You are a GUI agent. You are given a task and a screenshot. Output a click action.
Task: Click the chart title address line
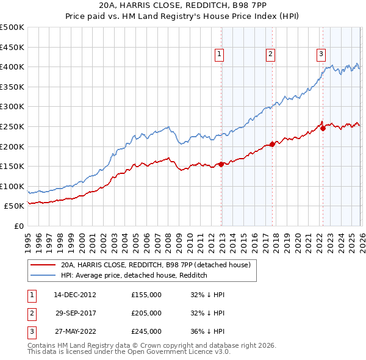[182, 5]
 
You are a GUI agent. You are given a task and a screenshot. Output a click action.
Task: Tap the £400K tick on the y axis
[12, 67]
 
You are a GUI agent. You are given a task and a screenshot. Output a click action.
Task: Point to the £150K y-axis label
[12, 166]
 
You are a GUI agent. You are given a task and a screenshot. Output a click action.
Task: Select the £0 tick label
[18, 226]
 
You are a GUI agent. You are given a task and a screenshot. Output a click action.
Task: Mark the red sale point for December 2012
[221, 164]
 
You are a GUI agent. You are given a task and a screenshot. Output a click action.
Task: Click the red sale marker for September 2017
[272, 145]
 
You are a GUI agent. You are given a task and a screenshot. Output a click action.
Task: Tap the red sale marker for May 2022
[323, 128]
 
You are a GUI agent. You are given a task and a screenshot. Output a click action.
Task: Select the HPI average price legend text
[134, 276]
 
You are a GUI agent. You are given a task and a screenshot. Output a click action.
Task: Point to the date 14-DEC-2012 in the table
[75, 295]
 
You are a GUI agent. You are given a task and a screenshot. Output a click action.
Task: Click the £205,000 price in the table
[146, 313]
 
